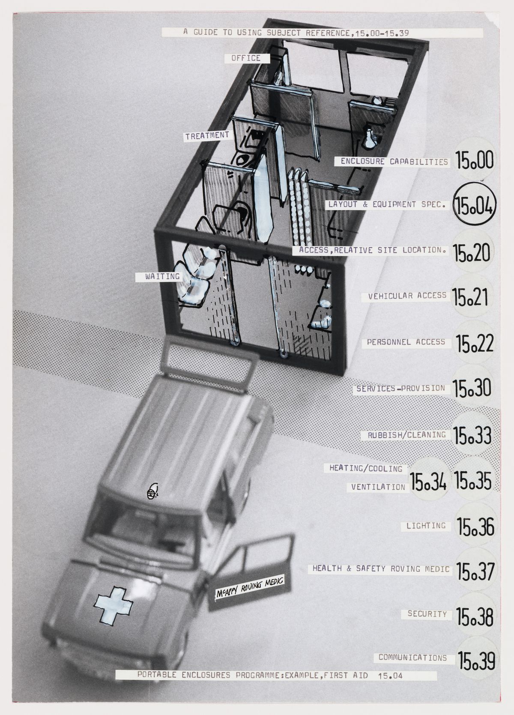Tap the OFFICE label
click(x=246, y=58)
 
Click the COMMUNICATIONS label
click(x=413, y=658)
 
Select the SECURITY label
click(x=427, y=614)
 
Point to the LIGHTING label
click(x=426, y=526)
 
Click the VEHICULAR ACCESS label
click(x=407, y=296)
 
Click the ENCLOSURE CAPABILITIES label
click(x=394, y=162)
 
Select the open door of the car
click(x=251, y=568)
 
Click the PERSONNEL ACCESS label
click(x=406, y=342)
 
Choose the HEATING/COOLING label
click(x=366, y=468)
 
